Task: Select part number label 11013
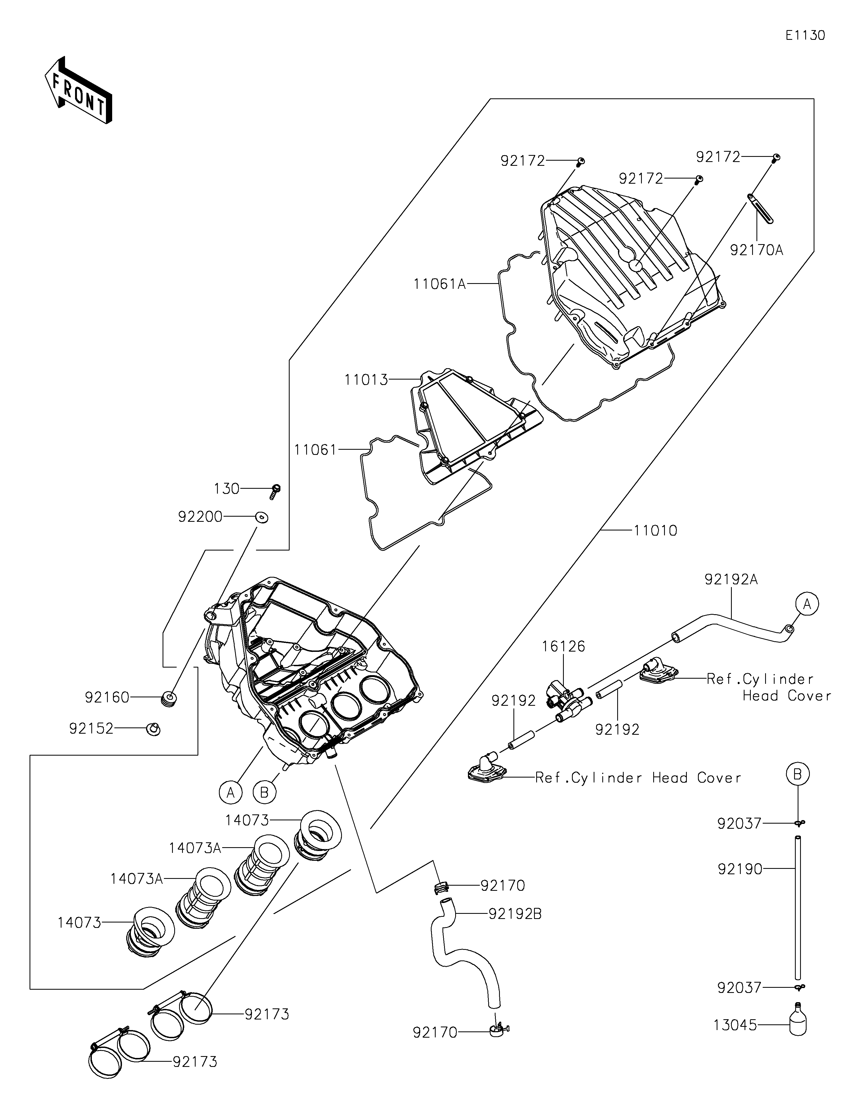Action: coord(366,380)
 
